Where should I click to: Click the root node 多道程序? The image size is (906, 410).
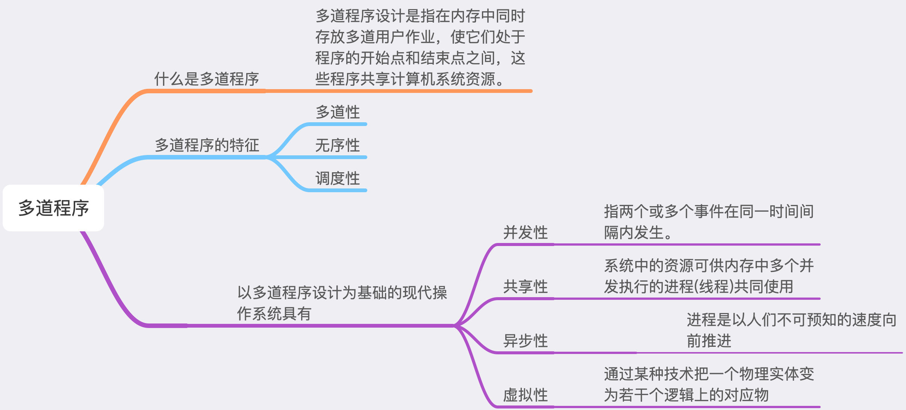(x=53, y=208)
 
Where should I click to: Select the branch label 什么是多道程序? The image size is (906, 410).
(x=206, y=79)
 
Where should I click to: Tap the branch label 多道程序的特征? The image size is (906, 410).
(x=207, y=145)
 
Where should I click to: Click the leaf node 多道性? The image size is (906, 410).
(x=338, y=112)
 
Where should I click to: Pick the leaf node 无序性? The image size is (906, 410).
(x=338, y=145)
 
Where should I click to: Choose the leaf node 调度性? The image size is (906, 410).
(x=338, y=178)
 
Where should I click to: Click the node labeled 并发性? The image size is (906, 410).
(x=525, y=232)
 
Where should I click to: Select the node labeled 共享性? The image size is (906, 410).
(x=525, y=287)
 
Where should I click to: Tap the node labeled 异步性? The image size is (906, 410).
(x=525, y=341)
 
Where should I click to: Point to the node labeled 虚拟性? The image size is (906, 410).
(x=525, y=395)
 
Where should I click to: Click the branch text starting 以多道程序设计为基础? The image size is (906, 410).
(x=342, y=303)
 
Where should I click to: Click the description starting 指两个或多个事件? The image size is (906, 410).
(x=709, y=222)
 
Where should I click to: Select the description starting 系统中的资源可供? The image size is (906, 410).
(x=709, y=276)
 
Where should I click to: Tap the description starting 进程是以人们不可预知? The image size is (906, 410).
(x=791, y=330)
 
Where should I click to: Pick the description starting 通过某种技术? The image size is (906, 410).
(x=709, y=384)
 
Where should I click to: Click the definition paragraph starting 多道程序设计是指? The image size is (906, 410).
(x=420, y=47)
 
